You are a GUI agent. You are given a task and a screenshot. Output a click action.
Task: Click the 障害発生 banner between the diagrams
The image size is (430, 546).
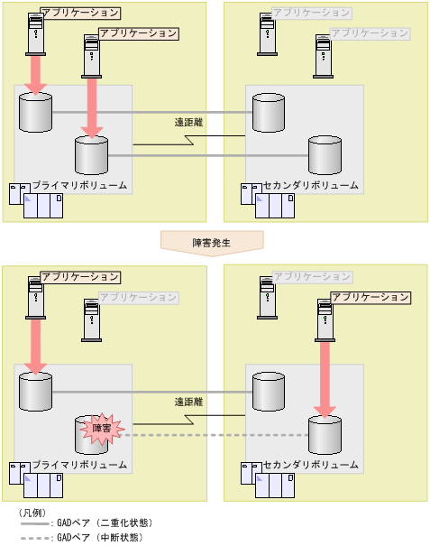pos(212,242)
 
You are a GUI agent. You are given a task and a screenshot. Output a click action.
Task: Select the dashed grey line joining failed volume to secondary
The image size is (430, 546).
pos(216,434)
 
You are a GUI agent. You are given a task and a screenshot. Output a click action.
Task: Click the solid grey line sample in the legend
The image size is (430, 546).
pos(34,523)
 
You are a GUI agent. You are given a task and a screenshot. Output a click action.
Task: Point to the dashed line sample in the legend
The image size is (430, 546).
pos(34,538)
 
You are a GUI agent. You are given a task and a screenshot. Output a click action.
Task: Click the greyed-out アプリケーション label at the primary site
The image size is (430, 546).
pos(139,297)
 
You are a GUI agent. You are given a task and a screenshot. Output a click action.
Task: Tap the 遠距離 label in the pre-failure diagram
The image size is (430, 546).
pos(190,122)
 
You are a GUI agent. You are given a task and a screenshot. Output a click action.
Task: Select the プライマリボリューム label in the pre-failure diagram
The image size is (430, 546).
pos(79,185)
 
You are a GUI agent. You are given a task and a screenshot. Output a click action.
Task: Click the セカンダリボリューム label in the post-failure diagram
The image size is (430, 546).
pos(311,465)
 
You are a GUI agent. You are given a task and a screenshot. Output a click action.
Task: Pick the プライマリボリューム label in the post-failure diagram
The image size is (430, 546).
pos(79,465)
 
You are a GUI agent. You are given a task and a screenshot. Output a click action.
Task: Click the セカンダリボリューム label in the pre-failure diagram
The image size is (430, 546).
pos(311,185)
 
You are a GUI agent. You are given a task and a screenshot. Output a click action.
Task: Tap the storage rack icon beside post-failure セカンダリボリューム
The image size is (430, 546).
pos(268,479)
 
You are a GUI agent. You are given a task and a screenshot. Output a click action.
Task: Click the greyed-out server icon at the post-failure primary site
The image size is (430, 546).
pos(91,318)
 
